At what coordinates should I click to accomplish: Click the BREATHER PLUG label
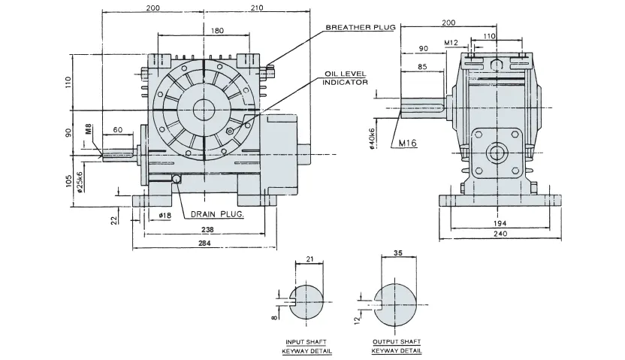(358, 28)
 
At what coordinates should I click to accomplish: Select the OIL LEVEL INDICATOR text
(345, 78)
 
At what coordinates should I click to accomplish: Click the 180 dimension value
(217, 32)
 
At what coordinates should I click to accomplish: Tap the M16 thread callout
(408, 142)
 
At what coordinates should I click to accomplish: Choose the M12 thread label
(451, 43)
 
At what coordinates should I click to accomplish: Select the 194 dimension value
(500, 223)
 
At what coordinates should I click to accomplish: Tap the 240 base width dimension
(500, 234)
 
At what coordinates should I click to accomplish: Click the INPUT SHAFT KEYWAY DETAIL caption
(306, 346)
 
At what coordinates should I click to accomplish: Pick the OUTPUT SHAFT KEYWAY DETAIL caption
(396, 346)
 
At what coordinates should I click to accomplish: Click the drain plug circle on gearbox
(177, 179)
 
